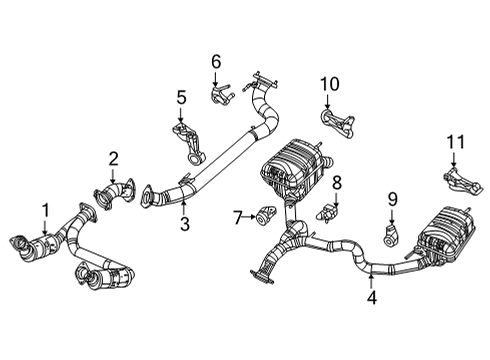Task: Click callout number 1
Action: click(x=45, y=209)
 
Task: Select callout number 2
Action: click(x=113, y=157)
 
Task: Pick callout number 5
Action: click(x=181, y=97)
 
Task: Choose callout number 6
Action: click(x=215, y=62)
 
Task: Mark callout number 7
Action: click(x=237, y=215)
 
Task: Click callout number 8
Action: click(x=337, y=182)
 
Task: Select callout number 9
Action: click(x=393, y=200)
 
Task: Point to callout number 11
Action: click(x=455, y=143)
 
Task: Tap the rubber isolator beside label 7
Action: click(x=267, y=213)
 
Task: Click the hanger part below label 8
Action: click(x=331, y=212)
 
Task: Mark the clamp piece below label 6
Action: click(x=219, y=94)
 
